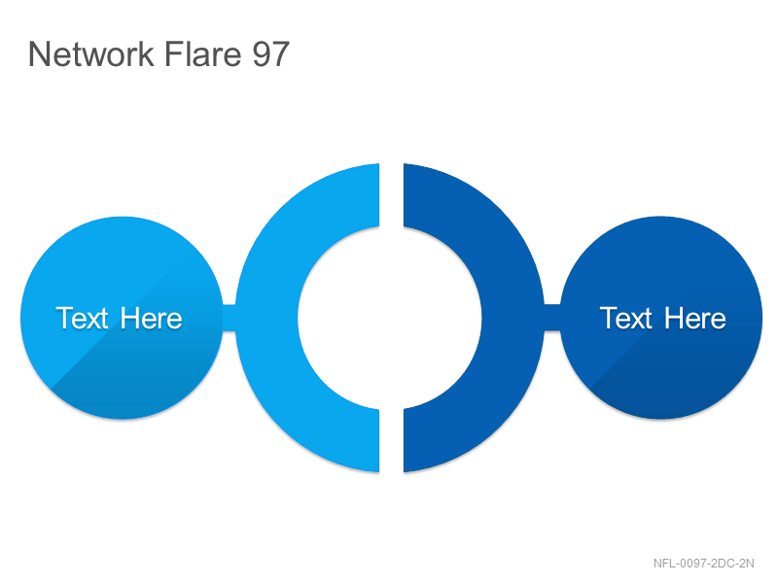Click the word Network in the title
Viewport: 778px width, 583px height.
pyautogui.click(x=91, y=53)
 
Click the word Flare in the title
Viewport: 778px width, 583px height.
pyautogui.click(x=202, y=53)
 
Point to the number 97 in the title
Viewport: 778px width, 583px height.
pyautogui.click(x=270, y=53)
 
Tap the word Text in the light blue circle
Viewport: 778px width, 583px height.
pyautogui.click(x=82, y=318)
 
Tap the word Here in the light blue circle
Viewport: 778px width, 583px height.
pyautogui.click(x=151, y=318)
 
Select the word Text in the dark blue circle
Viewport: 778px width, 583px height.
pyautogui.click(x=626, y=318)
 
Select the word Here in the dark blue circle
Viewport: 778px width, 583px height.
pyautogui.click(x=695, y=318)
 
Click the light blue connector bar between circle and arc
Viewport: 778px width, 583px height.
pyautogui.click(x=229, y=318)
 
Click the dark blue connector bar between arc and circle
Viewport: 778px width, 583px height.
pyautogui.click(x=552, y=318)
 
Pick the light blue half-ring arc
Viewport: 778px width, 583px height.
pyautogui.click(x=266, y=318)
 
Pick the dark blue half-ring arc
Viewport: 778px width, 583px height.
pyautogui.click(x=513, y=318)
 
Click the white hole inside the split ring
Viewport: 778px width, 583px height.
pyautogui.click(x=390, y=318)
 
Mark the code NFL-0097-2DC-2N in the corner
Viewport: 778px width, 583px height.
pyautogui.click(x=703, y=564)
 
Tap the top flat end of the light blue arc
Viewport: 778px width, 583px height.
pyautogui.click(x=379, y=195)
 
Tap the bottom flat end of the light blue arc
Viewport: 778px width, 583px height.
pyautogui.click(x=379, y=441)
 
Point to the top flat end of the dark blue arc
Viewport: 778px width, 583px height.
pyautogui.click(x=405, y=195)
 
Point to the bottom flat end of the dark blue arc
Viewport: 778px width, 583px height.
pyautogui.click(x=405, y=441)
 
